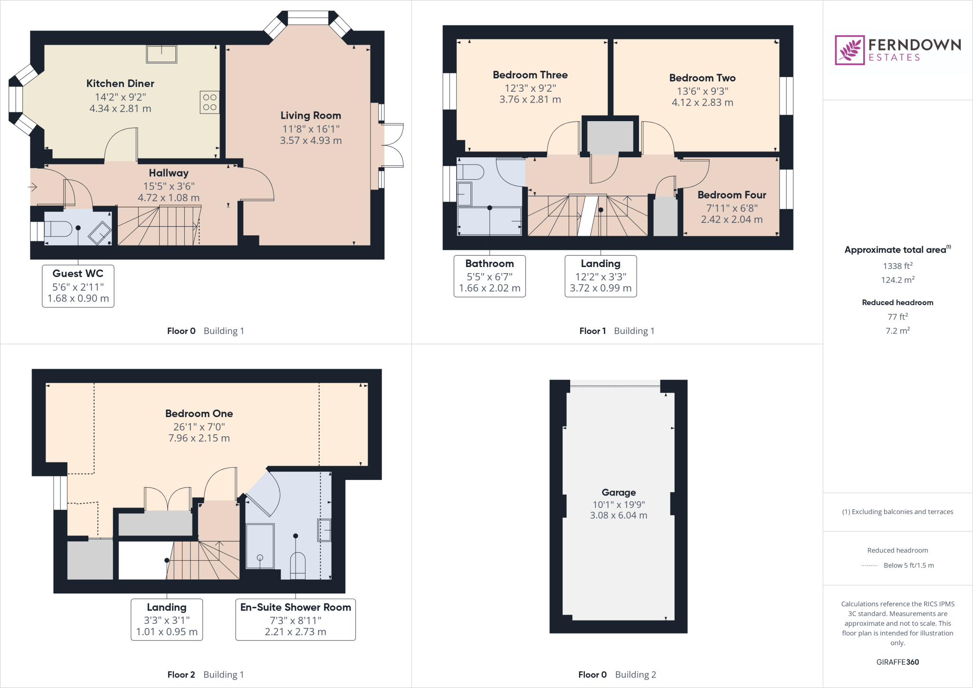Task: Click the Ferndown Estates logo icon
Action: click(x=849, y=50)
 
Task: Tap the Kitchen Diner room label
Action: click(x=120, y=84)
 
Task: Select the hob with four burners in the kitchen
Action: click(x=210, y=102)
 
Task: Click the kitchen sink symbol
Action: click(x=162, y=54)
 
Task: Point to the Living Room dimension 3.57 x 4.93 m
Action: click(x=311, y=141)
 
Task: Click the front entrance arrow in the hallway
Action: click(x=32, y=187)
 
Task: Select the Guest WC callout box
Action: click(x=78, y=286)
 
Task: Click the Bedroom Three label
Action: click(x=530, y=75)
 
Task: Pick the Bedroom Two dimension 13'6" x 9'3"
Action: click(x=702, y=91)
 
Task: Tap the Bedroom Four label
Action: click(x=732, y=195)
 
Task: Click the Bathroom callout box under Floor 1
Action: click(x=489, y=276)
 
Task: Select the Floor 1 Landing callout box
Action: click(x=601, y=276)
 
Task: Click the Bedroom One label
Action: click(x=199, y=413)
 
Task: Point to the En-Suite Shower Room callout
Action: click(x=296, y=620)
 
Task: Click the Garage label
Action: click(x=619, y=492)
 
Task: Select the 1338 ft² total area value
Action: click(x=897, y=266)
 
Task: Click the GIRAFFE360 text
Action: click(x=897, y=662)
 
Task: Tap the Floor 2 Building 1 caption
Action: click(x=205, y=675)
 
